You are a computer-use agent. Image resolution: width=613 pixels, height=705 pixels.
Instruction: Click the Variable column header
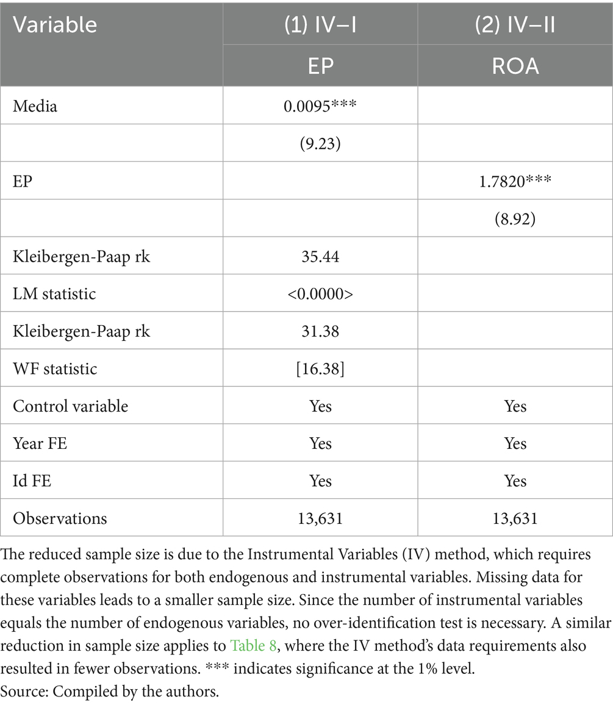[56, 24]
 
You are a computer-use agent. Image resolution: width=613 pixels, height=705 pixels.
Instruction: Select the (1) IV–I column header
[320, 24]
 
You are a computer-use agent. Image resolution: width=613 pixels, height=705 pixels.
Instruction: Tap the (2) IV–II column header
[515, 24]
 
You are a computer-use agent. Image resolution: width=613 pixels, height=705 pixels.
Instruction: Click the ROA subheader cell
[515, 65]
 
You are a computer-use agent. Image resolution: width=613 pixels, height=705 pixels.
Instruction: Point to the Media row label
[35, 106]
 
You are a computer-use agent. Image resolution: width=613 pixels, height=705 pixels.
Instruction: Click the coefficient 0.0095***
[320, 106]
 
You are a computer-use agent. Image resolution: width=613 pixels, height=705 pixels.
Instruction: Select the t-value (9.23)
[320, 144]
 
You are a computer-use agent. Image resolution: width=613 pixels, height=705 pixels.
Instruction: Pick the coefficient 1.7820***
[515, 181]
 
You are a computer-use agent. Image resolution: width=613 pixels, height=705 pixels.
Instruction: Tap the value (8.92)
[515, 218]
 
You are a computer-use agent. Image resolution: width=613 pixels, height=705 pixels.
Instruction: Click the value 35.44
[320, 256]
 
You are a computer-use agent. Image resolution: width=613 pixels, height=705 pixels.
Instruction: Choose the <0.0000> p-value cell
[320, 294]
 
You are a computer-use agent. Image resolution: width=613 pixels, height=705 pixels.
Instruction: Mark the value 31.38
[320, 331]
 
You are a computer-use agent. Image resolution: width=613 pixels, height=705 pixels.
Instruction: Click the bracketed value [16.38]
[320, 369]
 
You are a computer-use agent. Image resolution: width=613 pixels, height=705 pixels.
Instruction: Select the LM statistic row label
[54, 294]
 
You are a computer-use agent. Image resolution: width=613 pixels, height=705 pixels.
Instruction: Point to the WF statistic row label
[56, 369]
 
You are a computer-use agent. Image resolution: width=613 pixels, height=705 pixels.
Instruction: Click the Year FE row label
[40, 443]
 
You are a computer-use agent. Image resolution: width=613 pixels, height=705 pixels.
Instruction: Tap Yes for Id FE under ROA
[515, 481]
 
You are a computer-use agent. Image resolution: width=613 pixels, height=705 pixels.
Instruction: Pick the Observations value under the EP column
[320, 519]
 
